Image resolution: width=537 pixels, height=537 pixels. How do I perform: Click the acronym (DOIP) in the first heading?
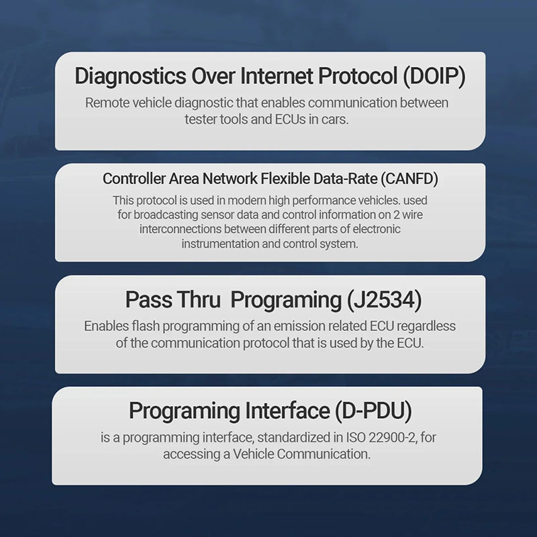coord(434,76)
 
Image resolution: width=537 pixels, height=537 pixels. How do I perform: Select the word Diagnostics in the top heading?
coord(130,77)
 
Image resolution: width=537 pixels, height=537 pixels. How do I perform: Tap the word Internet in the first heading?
coord(277,75)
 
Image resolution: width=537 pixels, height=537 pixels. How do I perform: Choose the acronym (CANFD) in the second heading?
coord(409,179)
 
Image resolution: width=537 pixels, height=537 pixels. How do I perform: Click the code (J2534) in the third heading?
coord(384,300)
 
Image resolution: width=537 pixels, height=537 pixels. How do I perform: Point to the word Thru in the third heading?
coord(199,299)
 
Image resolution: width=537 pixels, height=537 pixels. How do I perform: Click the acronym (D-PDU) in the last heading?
coord(373,411)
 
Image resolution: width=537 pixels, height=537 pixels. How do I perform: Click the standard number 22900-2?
coord(392,438)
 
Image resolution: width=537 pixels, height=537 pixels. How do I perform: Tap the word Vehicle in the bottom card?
coord(253,454)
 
